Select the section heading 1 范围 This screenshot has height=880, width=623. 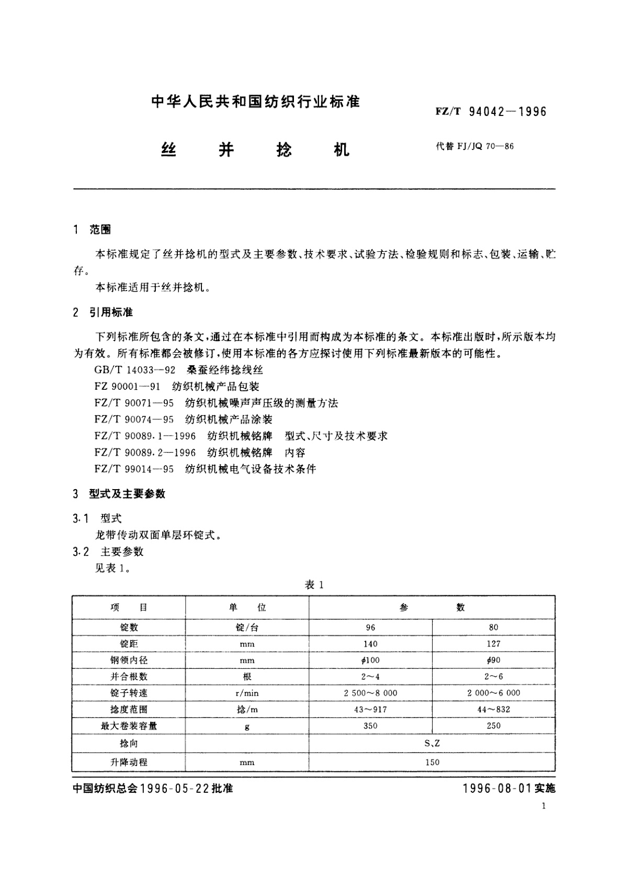(93, 229)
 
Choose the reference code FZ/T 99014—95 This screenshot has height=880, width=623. (134, 469)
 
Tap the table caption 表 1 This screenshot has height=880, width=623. (314, 585)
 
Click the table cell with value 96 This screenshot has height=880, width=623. (370, 627)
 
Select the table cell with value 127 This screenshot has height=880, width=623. (493, 644)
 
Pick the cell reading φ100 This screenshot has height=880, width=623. (370, 660)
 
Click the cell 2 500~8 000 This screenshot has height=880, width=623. (370, 693)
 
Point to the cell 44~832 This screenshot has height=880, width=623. (493, 709)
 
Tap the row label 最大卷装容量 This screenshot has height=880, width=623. (129, 726)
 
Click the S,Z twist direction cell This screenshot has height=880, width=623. (432, 743)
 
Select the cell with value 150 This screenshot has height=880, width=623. (432, 762)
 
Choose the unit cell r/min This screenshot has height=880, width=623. (247, 693)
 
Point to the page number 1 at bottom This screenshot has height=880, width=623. (544, 806)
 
